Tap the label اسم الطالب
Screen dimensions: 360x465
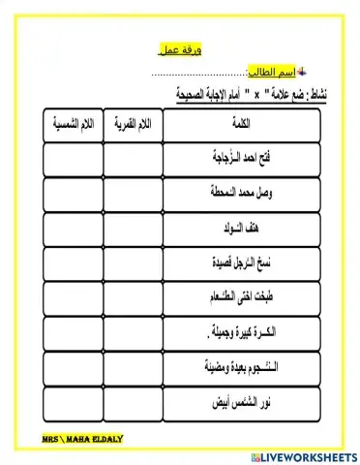271,74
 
